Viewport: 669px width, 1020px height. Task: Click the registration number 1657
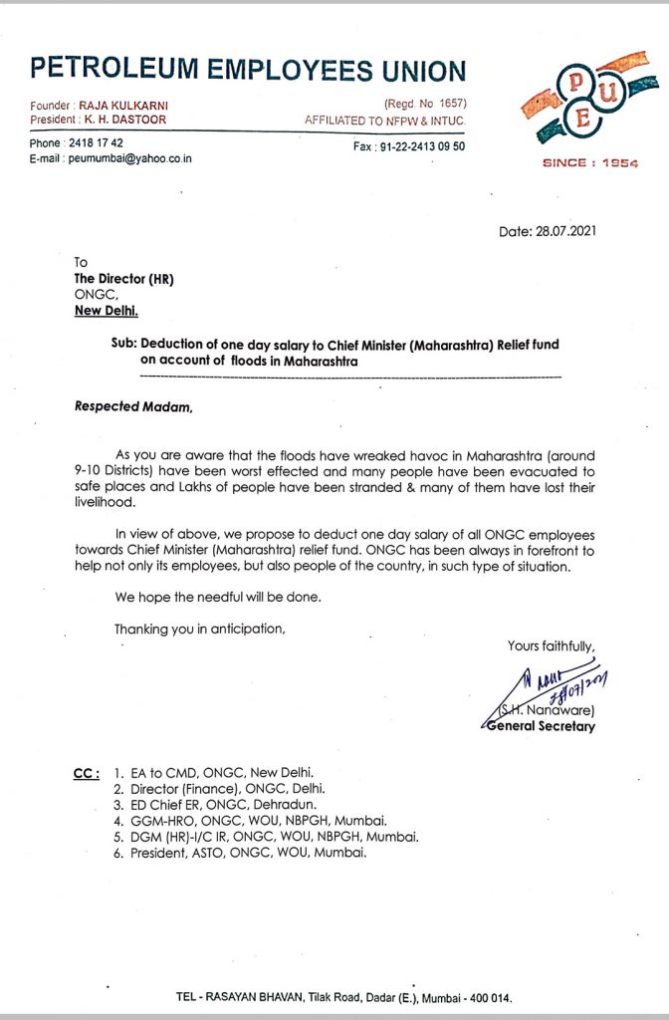tap(449, 105)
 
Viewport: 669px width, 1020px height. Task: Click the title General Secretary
tap(540, 726)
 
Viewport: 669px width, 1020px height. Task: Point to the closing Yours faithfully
tap(552, 646)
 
